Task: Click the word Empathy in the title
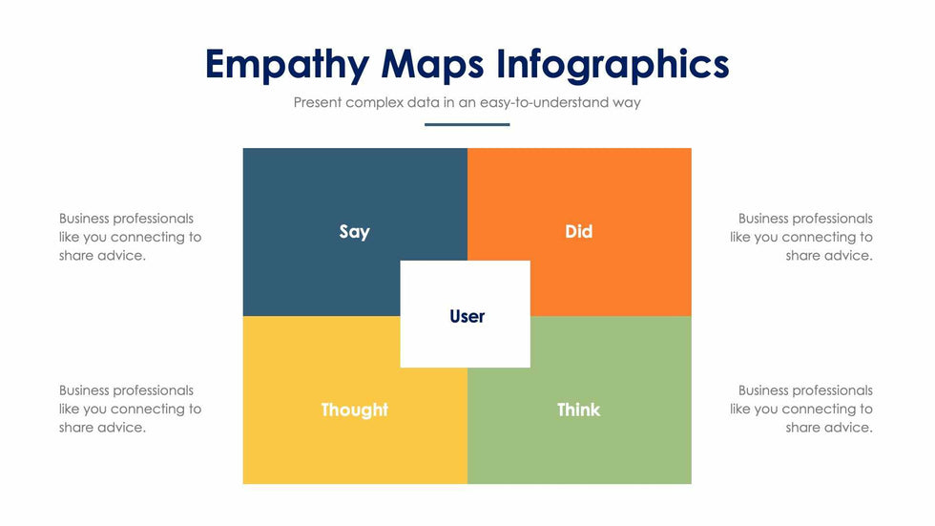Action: (287, 65)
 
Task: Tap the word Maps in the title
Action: (432, 65)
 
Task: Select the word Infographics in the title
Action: (613, 65)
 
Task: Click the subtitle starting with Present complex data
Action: (467, 102)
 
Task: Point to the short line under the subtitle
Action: (467, 125)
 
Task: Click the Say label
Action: (354, 232)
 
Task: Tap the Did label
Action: (578, 231)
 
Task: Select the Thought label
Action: (354, 410)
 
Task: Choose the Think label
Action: (578, 410)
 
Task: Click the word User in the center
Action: (467, 316)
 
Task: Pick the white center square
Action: (466, 314)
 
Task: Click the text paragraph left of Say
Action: (130, 237)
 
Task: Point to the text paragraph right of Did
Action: (800, 237)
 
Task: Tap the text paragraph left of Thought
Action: (130, 409)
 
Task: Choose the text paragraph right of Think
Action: (800, 409)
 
